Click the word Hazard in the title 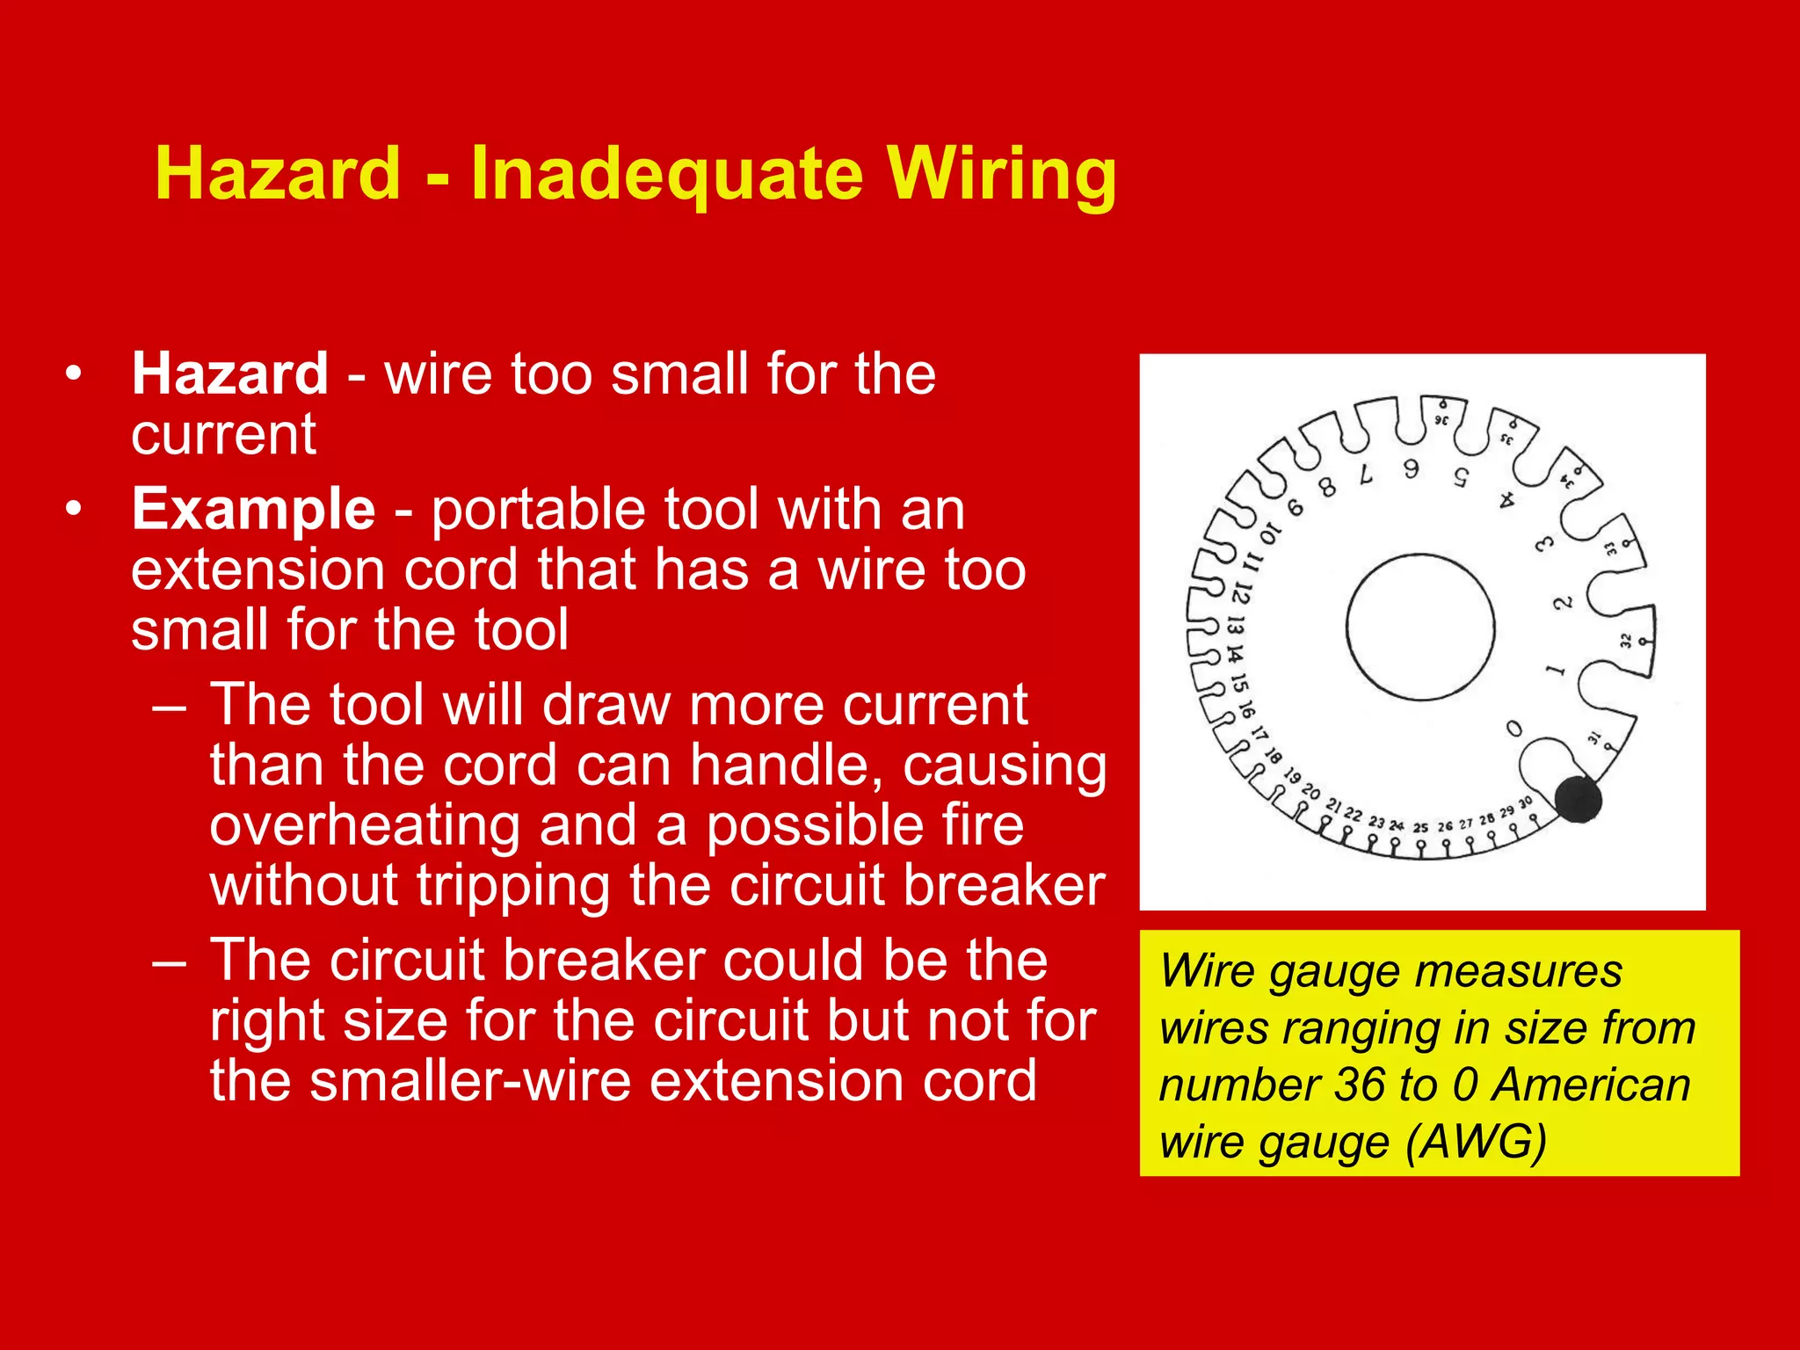pos(278,173)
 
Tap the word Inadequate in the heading pos(666,174)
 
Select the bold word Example pos(253,509)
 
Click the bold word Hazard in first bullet pos(230,374)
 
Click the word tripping pos(513,885)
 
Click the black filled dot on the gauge pos(1579,800)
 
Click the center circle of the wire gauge pos(1420,627)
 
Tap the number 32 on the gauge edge pos(1626,641)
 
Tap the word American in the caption pos(1591,1085)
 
